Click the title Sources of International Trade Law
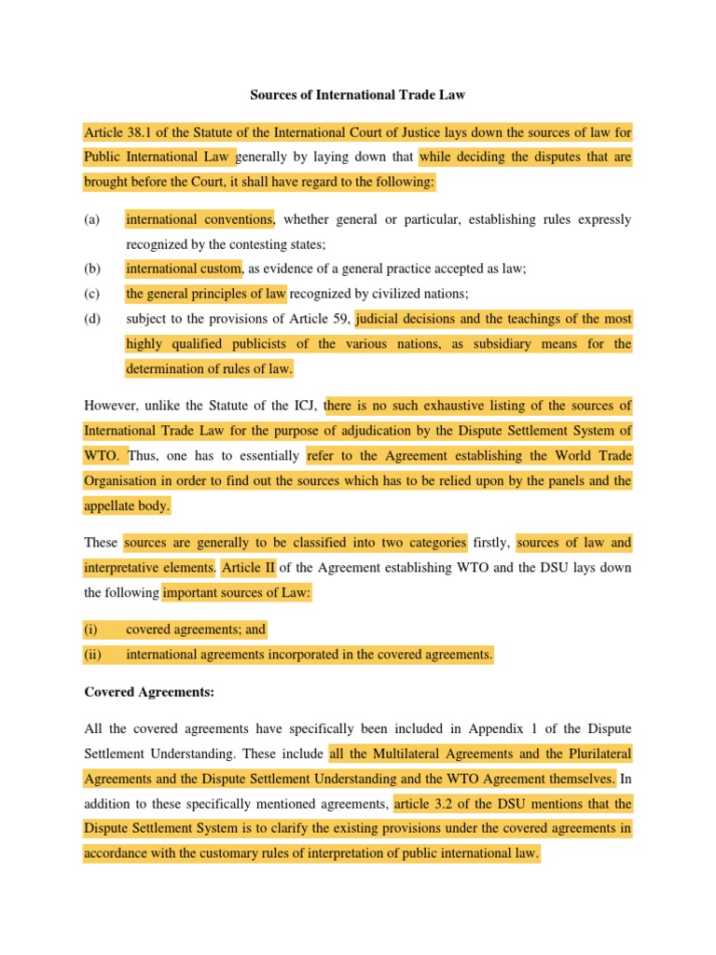click(358, 95)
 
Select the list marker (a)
click(91, 220)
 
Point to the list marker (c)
click(91, 294)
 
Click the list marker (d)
click(91, 319)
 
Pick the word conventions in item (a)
click(237, 220)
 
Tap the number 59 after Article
click(338, 319)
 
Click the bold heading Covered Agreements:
click(136, 691)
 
